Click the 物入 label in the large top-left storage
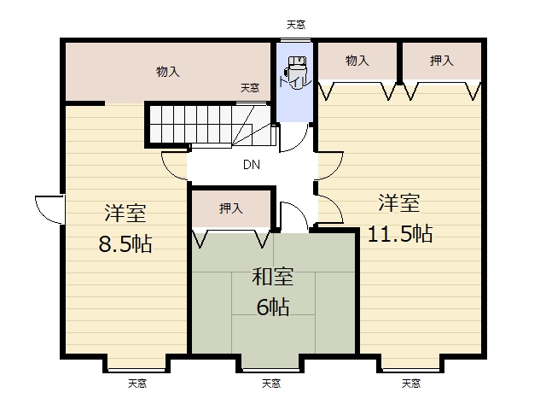168,72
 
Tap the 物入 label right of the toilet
357,61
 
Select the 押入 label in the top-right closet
441,61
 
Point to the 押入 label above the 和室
231,208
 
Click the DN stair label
252,165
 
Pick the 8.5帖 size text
125,243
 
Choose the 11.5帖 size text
399,233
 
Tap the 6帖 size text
273,306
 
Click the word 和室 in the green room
273,277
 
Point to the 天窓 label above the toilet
296,26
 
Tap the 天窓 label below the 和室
271,383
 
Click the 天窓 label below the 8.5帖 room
138,383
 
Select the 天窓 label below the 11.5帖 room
412,383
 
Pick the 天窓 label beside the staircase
249,87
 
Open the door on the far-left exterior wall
49,209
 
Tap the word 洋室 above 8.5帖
125,211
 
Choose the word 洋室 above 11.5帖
399,203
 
